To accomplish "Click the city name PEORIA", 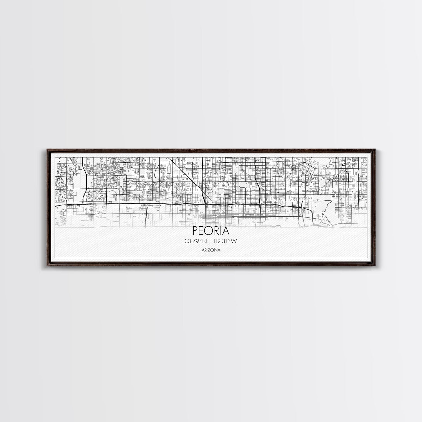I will point(211,231).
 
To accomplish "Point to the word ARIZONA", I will point(211,250).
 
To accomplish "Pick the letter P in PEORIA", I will point(195,231).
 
